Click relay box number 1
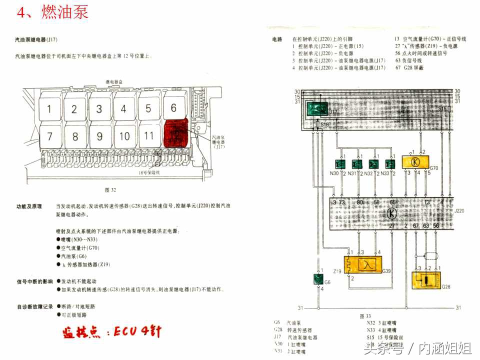[x=49, y=109]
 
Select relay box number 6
[x=173, y=107]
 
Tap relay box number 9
[x=99, y=136]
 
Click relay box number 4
[x=123, y=108]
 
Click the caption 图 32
[x=110, y=190]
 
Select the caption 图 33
[x=365, y=316]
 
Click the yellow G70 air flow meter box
[x=415, y=161]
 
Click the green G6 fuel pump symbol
[x=317, y=279]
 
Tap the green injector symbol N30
[x=340, y=164]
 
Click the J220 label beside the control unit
[x=459, y=211]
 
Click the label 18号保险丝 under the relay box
[x=148, y=173]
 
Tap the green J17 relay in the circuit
[x=316, y=108]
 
